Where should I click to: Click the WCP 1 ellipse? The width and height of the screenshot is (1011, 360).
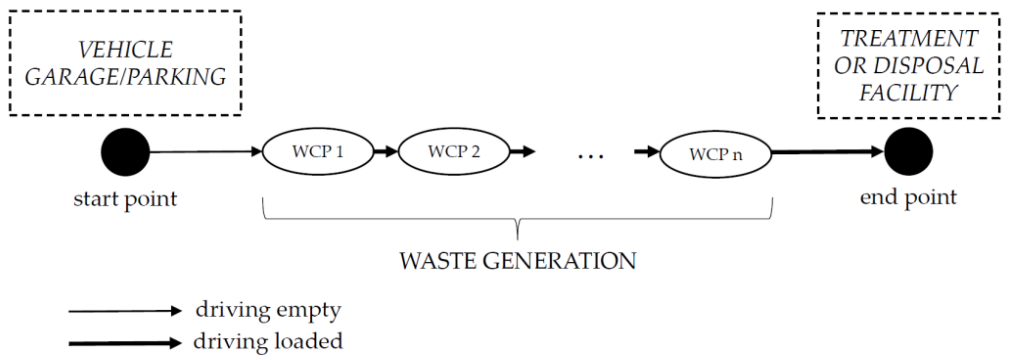point(318,152)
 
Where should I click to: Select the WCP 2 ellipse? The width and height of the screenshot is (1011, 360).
point(454,152)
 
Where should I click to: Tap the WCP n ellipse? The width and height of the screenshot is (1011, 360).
point(716,154)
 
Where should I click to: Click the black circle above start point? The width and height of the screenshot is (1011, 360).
point(125,152)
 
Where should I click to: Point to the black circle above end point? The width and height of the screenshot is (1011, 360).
point(908,152)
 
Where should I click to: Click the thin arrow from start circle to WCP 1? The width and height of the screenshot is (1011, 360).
point(204,152)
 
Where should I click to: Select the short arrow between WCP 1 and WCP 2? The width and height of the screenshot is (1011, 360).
point(386,151)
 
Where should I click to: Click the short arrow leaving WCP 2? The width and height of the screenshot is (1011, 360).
point(522,151)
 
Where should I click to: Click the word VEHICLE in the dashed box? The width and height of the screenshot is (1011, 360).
point(125,50)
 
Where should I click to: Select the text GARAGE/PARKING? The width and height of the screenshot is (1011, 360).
point(125,77)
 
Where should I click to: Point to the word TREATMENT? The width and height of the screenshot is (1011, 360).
point(909,39)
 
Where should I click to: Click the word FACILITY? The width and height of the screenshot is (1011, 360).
point(909,93)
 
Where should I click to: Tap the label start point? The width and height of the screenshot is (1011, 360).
point(125,199)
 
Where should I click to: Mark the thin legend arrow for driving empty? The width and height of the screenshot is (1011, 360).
point(125,311)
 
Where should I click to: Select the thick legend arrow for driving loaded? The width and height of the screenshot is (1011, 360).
point(125,343)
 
